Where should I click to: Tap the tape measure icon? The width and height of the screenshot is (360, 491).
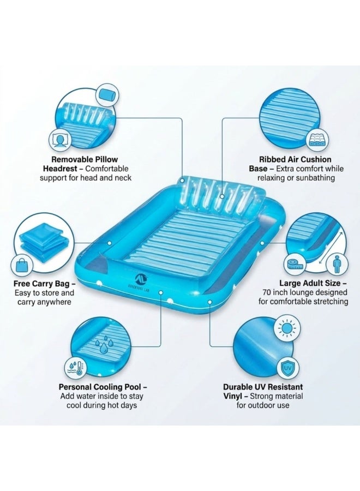[295, 264]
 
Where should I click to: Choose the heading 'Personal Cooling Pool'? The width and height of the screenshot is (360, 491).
[102, 386]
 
